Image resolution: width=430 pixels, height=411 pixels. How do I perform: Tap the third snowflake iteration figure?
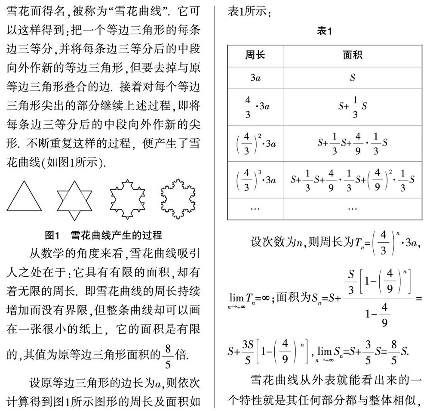127,198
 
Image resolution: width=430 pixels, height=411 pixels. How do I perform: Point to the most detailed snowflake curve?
178,198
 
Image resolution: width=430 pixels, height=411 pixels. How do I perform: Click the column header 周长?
255,55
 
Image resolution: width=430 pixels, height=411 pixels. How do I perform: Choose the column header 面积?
352,55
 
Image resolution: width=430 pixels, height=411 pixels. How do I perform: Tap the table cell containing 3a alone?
255,78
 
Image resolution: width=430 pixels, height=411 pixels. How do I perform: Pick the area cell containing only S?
352,78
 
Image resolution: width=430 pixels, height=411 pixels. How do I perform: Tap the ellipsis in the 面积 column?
352,209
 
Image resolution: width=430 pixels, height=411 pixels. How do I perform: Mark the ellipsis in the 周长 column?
255,209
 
